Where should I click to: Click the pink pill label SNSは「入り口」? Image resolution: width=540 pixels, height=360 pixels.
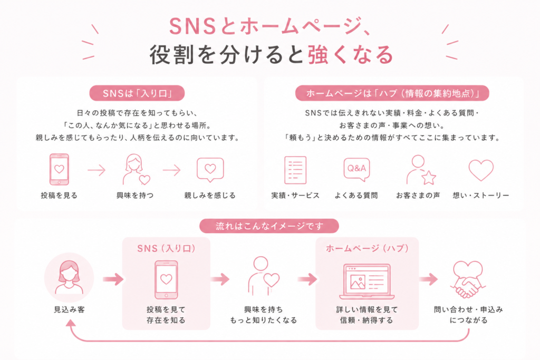[137, 93]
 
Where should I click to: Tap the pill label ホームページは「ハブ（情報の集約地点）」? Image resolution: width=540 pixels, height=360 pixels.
[392, 93]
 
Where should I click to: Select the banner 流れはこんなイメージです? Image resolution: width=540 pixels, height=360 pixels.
[269, 226]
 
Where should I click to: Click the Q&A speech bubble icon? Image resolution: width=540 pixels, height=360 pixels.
[356, 169]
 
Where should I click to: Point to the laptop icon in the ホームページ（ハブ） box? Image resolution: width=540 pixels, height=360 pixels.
[367, 281]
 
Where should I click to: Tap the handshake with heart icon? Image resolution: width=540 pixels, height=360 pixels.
[468, 279]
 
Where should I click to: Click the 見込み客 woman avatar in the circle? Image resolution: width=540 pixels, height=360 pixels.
[69, 277]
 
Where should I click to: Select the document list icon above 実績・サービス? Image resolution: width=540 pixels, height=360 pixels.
[295, 170]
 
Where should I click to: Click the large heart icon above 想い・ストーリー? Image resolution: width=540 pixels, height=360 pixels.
[481, 170]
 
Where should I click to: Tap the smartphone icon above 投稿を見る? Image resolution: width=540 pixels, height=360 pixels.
[59, 169]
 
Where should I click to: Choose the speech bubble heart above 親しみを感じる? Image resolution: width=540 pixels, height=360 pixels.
[210, 170]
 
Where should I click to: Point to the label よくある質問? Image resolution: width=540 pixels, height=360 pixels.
[356, 196]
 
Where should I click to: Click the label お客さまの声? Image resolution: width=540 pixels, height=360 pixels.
[418, 196]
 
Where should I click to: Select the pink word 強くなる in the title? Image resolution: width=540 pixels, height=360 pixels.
[351, 55]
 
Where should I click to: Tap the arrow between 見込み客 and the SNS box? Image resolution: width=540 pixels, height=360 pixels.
[113, 279]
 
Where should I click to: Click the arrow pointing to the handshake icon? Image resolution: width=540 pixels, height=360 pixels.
[428, 279]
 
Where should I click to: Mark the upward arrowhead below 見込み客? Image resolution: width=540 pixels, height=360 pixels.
[71, 323]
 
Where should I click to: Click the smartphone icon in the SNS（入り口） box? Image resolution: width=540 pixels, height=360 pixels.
[166, 280]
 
